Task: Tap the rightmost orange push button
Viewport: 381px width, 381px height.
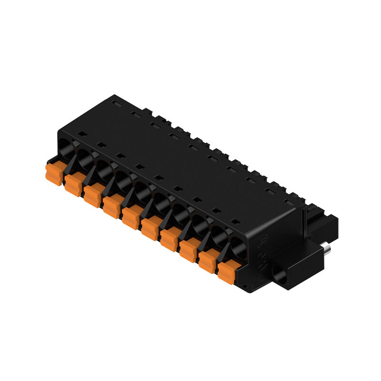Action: [x=227, y=272]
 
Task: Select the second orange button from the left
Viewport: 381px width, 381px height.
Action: [x=73, y=185]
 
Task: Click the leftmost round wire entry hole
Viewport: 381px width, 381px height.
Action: [x=67, y=149]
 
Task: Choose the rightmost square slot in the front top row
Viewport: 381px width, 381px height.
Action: [x=235, y=221]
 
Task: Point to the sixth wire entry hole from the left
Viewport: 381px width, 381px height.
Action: [x=162, y=204]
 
